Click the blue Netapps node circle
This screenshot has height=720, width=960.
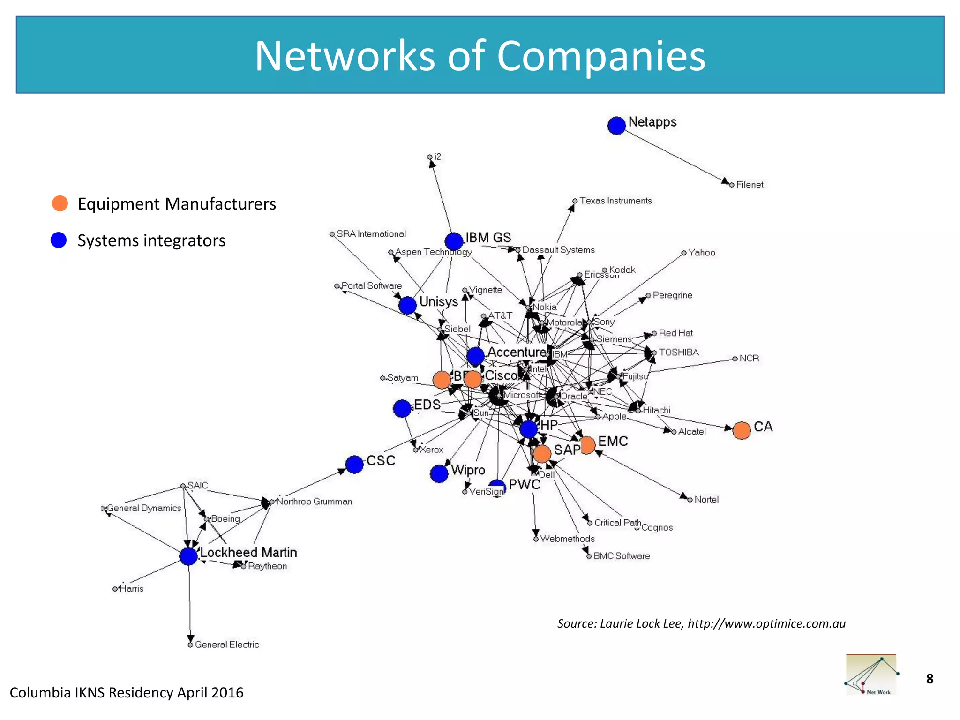(616, 125)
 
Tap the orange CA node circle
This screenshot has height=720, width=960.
(742, 430)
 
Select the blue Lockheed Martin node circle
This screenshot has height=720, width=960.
(188, 556)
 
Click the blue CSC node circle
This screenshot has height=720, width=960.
(354, 464)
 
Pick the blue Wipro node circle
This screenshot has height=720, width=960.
(439, 473)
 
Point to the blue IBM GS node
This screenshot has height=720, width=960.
(454, 241)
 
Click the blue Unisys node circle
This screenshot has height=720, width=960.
(407, 305)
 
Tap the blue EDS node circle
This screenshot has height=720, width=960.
(402, 408)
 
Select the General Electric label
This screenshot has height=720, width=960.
(227, 645)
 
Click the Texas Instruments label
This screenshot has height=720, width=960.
(615, 201)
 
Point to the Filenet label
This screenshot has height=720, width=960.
(750, 185)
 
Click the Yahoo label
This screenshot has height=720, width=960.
(701, 253)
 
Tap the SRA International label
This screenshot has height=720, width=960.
(371, 234)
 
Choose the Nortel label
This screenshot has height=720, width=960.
(706, 500)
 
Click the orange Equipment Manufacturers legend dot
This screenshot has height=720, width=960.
(60, 203)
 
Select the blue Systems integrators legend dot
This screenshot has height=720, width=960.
(59, 240)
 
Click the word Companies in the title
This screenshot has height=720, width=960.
(600, 56)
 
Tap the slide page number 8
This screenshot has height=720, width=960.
(930, 679)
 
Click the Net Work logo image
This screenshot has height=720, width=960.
(871, 675)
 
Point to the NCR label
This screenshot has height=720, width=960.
(749, 359)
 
